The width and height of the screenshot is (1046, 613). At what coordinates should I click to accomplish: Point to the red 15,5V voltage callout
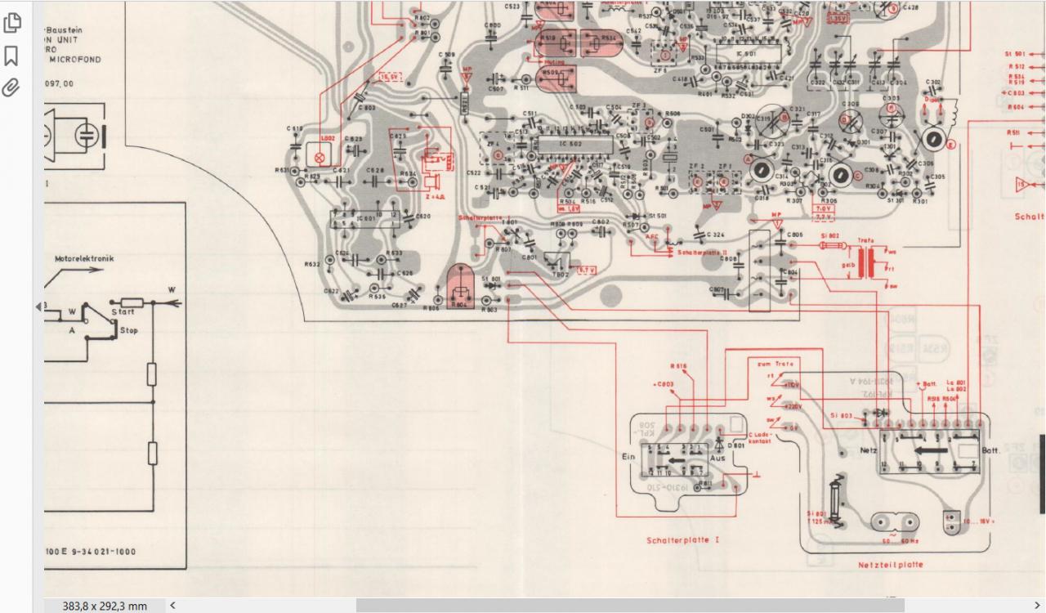391,77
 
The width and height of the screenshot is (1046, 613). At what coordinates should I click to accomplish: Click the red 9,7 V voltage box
586,269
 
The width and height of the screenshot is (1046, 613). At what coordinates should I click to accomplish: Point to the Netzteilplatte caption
890,565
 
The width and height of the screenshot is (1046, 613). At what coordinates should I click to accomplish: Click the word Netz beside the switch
868,450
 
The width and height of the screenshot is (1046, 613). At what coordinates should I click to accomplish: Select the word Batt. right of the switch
990,450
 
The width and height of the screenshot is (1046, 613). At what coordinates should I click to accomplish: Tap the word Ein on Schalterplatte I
629,458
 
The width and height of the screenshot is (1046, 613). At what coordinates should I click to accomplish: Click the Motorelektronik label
84,259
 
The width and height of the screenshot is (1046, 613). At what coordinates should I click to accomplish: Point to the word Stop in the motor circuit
128,330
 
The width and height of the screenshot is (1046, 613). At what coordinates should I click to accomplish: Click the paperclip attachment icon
11,87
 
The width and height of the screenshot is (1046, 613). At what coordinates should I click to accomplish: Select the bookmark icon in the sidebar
11,56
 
